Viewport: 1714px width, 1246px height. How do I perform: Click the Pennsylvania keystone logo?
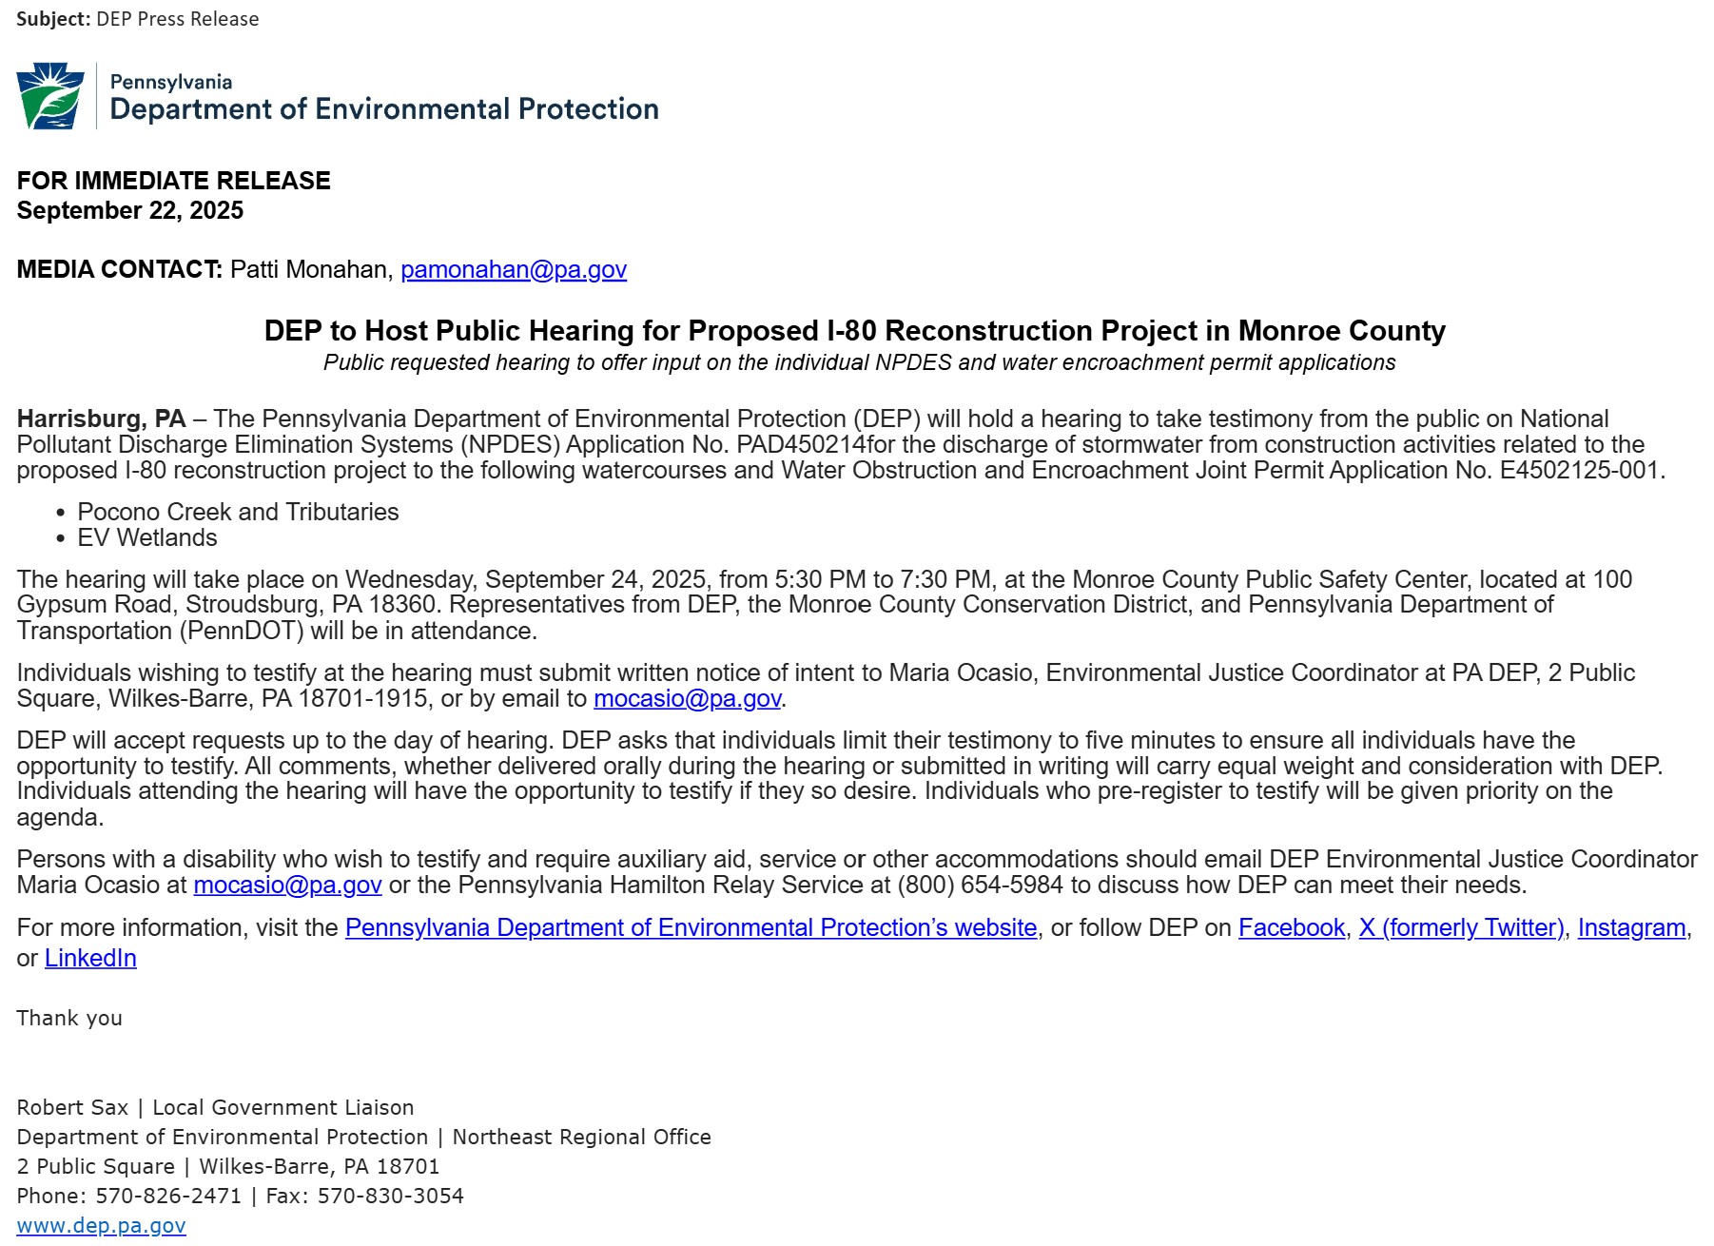click(x=50, y=96)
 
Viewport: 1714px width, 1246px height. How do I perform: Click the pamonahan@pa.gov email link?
click(x=514, y=270)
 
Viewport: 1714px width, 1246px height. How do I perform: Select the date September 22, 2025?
click(x=130, y=211)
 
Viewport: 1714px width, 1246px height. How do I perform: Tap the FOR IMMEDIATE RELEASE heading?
click(x=174, y=181)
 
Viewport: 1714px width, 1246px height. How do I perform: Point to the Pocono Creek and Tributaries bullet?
click(x=238, y=512)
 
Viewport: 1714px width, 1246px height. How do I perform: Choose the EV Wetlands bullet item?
click(x=147, y=538)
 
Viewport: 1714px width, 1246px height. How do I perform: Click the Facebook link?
click(x=1291, y=928)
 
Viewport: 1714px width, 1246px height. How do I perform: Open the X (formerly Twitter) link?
click(x=1461, y=928)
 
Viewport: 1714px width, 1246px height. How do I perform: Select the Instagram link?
click(x=1631, y=928)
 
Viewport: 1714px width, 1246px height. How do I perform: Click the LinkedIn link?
click(x=90, y=959)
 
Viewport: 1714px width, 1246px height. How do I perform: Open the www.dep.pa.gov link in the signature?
click(x=101, y=1226)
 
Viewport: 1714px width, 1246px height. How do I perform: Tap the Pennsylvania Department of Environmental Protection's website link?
click(x=691, y=928)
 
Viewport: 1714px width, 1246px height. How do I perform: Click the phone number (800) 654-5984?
click(x=981, y=886)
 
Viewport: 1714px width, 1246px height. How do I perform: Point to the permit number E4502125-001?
click(x=1579, y=471)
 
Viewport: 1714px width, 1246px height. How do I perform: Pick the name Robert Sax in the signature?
click(x=72, y=1108)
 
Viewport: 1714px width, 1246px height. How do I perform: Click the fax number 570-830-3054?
click(x=390, y=1197)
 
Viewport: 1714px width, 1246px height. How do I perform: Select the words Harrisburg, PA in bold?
click(x=101, y=419)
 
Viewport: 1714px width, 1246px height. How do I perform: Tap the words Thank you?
click(x=69, y=1019)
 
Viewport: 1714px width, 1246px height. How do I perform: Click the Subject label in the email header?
click(x=52, y=19)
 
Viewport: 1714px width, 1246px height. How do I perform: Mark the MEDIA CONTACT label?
click(x=119, y=270)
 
